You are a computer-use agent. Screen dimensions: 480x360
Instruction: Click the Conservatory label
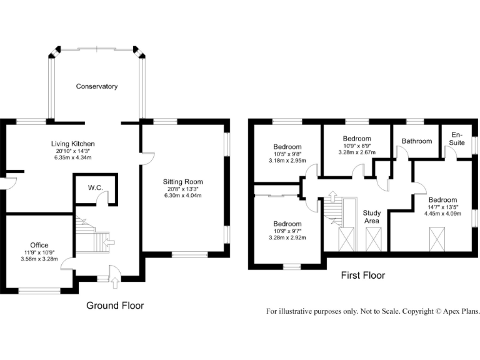point(97,86)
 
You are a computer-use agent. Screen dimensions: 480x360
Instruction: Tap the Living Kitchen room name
point(73,144)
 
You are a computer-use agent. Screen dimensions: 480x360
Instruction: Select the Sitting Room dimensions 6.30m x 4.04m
point(182,195)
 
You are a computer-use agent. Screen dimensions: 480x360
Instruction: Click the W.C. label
point(96,187)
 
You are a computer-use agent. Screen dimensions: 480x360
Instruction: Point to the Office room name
point(39,245)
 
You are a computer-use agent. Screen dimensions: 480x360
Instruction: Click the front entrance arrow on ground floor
point(115,283)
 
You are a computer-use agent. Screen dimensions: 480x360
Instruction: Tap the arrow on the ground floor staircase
point(109,242)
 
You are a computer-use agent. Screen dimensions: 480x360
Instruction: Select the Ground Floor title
point(115,305)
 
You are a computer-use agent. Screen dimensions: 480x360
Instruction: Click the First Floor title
point(363,275)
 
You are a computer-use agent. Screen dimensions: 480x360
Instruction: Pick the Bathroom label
point(417,141)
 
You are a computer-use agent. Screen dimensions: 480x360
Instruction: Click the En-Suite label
point(457,139)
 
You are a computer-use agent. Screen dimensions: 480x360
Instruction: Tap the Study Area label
point(372,217)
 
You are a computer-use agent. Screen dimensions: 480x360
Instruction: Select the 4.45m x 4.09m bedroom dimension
point(442,214)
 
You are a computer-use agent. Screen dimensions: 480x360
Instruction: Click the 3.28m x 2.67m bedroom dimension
point(357,152)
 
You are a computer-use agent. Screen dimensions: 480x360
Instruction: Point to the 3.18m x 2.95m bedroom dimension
point(287,161)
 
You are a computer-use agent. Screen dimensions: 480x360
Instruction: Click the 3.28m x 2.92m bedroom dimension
point(287,237)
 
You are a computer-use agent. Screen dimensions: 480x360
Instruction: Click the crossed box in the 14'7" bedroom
point(436,239)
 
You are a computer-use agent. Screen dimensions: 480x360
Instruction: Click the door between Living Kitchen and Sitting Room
point(148,159)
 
